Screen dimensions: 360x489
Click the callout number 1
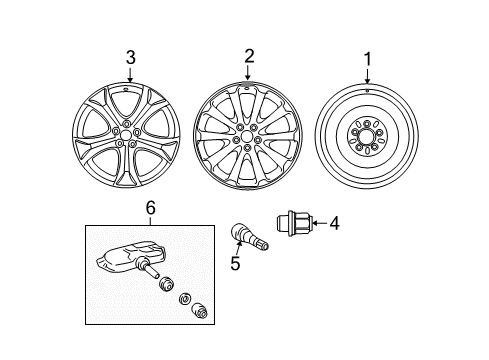[367, 59]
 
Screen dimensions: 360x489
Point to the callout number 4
[334, 223]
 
